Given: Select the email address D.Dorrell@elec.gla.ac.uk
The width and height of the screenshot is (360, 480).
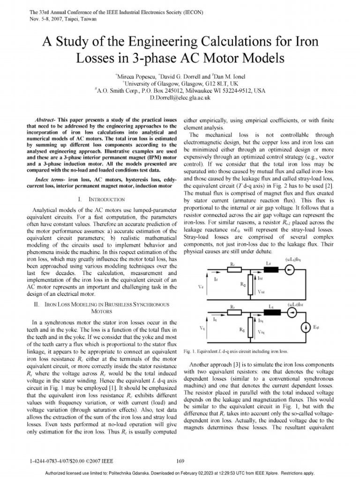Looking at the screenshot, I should coord(180,98).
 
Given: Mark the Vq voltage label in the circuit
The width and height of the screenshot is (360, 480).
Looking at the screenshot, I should coord(201,328).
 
